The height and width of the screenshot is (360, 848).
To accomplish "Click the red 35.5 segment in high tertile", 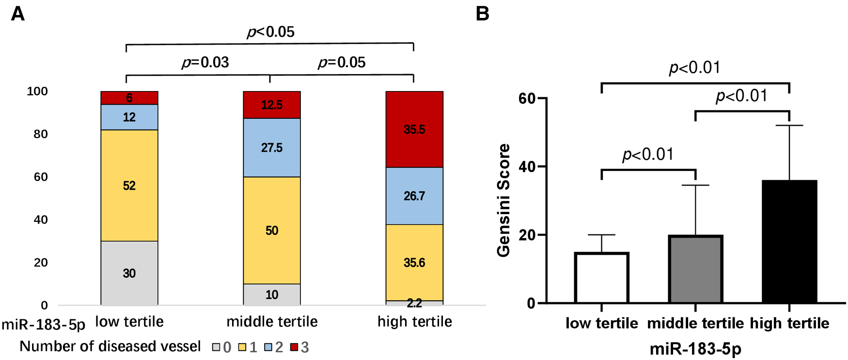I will (414, 129).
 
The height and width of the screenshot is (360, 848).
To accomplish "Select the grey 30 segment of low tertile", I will (129, 273).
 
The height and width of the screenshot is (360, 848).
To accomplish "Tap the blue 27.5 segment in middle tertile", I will (272, 148).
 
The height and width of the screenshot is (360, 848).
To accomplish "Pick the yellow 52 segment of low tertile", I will (129, 186).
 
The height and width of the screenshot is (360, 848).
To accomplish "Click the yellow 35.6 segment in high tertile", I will (414, 262).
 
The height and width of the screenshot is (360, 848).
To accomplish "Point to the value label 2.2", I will (414, 303).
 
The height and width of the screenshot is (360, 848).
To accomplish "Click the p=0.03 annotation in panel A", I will (205, 62).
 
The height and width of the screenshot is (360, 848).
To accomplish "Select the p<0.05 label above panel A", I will (270, 31).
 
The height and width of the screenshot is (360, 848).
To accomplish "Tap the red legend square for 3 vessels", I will (294, 347).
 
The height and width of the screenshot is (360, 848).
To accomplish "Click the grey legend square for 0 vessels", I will (216, 347).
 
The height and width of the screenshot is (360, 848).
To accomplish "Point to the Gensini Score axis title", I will (504, 200).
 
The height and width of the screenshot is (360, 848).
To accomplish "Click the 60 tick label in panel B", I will (527, 98).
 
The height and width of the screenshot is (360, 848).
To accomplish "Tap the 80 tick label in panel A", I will (41, 134).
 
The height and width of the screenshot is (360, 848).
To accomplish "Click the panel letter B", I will (482, 14).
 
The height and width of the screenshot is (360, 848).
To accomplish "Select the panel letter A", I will (17, 14).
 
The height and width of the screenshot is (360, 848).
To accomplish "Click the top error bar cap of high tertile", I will (789, 125).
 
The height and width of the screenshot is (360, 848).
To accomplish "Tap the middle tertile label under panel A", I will (272, 322).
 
